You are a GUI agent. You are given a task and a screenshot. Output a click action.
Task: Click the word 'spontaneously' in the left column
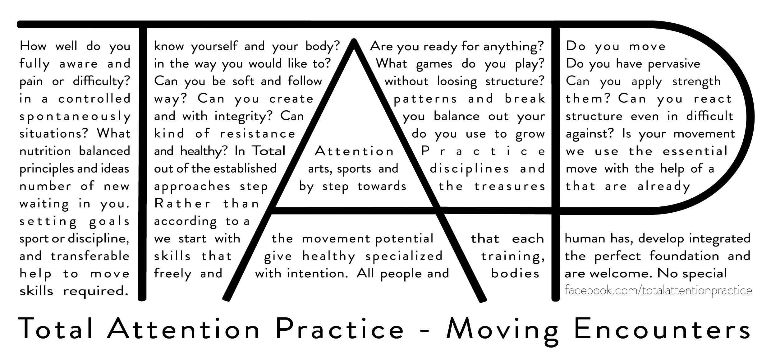[75, 117]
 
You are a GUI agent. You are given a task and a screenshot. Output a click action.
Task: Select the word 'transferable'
[90, 256]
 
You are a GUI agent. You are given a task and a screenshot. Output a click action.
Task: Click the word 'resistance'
[258, 134]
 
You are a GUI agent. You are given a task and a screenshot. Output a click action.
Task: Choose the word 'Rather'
[183, 204]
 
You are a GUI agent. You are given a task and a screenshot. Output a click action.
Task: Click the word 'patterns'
[425, 99]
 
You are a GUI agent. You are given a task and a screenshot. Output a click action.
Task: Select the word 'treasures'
[510, 187]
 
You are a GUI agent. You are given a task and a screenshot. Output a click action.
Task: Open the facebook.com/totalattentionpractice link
[658, 291]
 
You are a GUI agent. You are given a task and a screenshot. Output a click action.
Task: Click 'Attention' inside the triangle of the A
[354, 151]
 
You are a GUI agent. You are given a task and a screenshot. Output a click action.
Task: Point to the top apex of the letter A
[354, 39]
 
